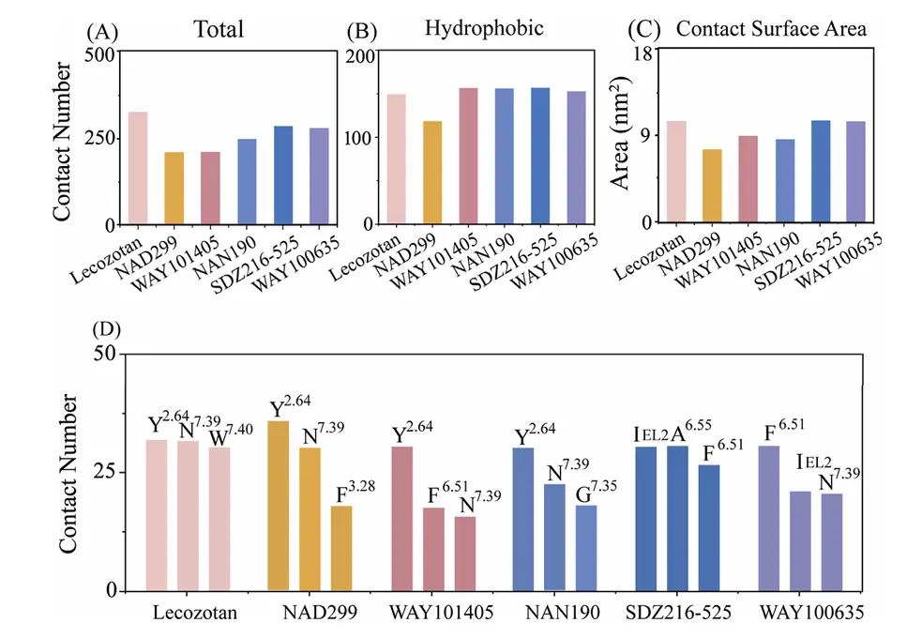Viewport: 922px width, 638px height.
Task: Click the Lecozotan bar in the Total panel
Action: tap(138, 169)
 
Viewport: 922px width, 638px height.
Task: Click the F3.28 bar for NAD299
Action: tap(340, 549)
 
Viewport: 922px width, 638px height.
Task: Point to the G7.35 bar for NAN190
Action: tap(586, 548)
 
